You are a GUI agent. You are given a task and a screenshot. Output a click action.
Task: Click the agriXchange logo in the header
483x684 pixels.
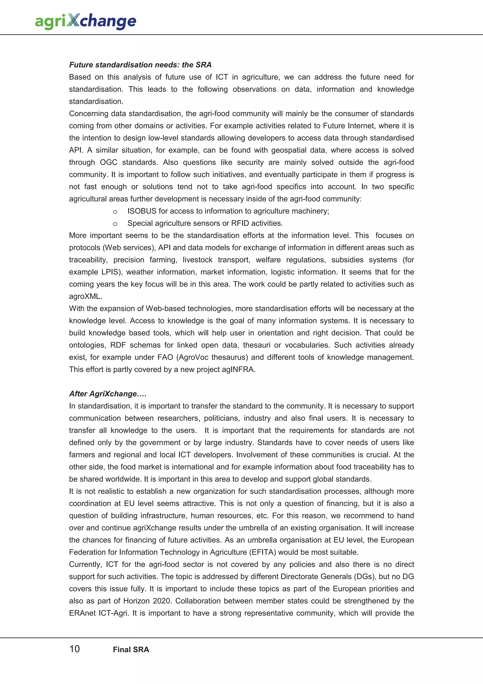[85, 21]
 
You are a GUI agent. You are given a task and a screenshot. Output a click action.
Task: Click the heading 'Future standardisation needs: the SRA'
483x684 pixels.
[140, 65]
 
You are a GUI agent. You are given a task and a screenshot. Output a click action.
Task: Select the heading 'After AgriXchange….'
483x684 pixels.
[108, 394]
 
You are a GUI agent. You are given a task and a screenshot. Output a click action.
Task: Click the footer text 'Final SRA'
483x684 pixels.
[131, 650]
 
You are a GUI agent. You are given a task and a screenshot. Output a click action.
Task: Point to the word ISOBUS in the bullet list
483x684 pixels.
[142, 211]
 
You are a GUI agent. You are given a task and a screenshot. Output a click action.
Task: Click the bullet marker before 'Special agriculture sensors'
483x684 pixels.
[115, 224]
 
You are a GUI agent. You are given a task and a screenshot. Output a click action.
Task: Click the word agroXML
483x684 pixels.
[85, 297]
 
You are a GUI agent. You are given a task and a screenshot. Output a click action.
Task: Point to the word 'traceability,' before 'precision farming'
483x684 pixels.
[88, 260]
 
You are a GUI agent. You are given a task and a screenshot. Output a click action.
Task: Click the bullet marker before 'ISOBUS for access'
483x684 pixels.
[115, 211]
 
